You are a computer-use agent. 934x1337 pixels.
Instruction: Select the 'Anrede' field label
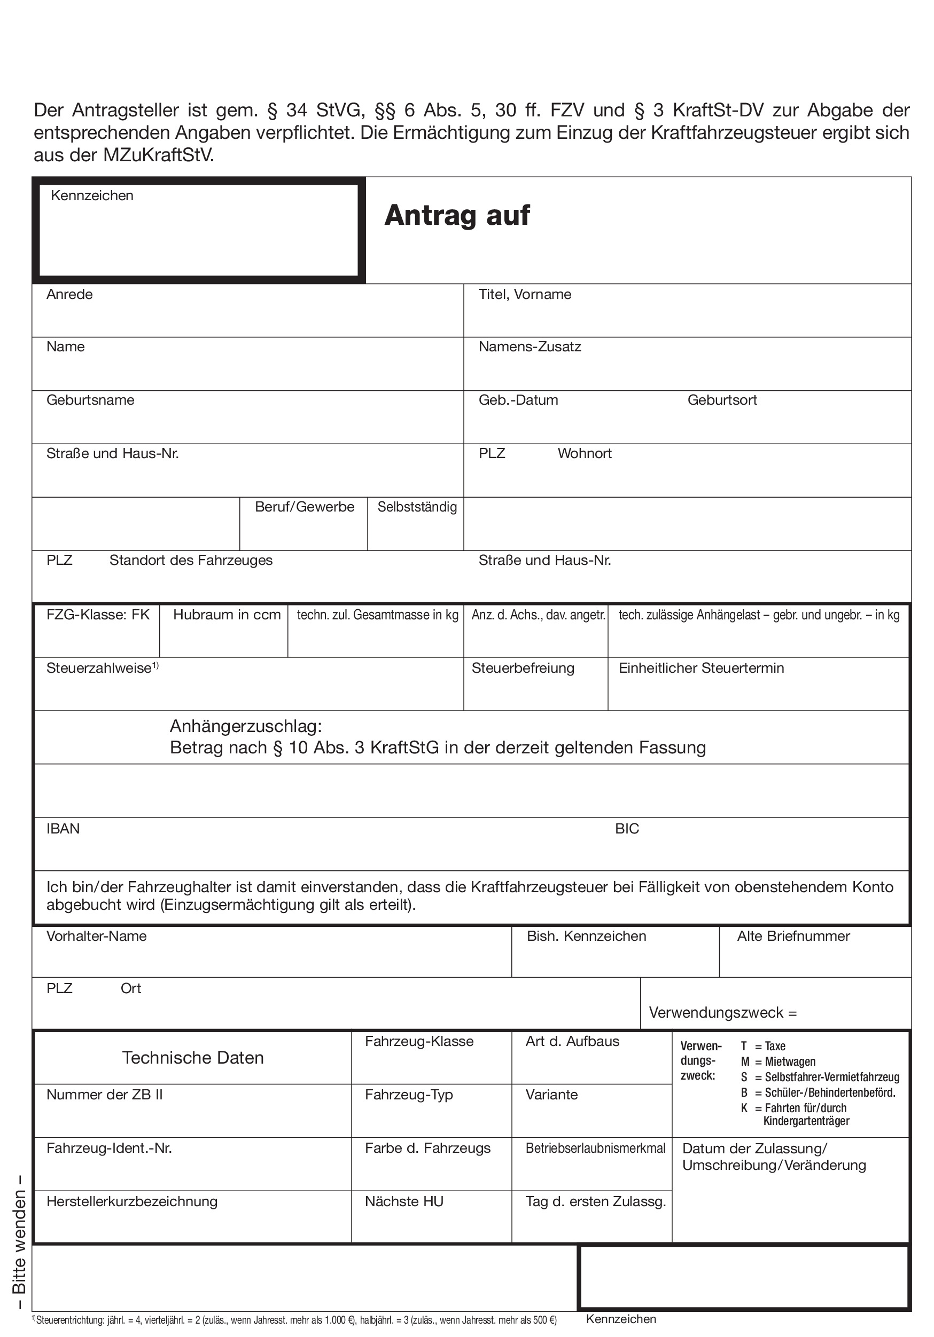pos(69,294)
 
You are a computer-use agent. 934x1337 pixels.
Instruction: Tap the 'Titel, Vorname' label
pos(524,294)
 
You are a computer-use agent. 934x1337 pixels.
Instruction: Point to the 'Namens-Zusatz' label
pos(530,347)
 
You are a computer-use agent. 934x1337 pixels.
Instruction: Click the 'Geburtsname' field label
pos(90,400)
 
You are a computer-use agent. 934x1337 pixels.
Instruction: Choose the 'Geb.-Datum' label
pos(518,400)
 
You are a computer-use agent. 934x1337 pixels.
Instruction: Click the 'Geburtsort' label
pos(722,400)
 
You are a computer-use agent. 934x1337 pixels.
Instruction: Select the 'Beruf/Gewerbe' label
pos(304,507)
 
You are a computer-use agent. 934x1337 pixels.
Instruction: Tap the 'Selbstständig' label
pos(417,507)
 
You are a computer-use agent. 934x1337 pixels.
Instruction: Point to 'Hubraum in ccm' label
pos(227,615)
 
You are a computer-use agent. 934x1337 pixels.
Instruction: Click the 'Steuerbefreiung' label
pos(523,668)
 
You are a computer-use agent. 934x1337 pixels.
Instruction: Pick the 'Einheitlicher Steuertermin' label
pos(701,668)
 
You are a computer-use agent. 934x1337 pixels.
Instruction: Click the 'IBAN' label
pos(63,829)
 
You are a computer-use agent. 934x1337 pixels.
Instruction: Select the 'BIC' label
pos(627,829)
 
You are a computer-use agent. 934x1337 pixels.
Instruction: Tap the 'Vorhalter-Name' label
pos(96,936)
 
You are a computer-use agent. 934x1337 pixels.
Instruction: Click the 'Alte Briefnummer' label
pos(793,936)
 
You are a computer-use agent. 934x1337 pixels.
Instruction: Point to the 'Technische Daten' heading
pos(193,1058)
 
